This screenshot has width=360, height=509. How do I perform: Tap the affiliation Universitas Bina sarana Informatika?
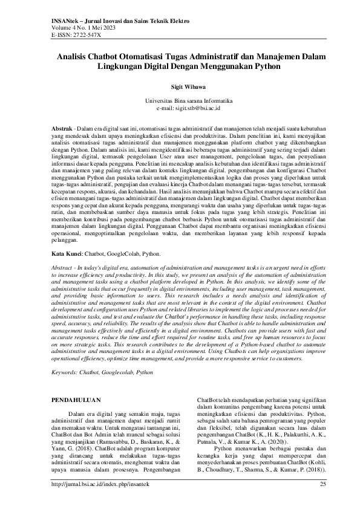(x=180, y=100)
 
